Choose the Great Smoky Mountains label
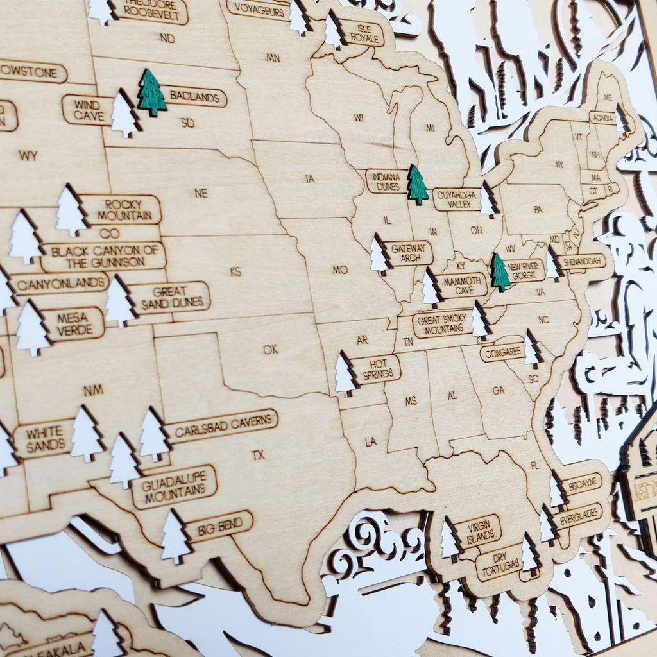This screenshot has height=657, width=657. tap(441, 323)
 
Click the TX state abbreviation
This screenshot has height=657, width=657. tap(258, 455)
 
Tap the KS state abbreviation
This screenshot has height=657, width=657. tap(235, 271)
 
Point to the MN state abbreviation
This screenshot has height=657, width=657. tap(273, 58)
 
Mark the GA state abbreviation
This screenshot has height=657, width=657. tap(499, 390)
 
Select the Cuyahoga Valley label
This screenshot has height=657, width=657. tap(456, 199)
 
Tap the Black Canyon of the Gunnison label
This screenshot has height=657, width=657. tap(103, 256)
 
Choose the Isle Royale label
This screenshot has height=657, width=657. tap(363, 33)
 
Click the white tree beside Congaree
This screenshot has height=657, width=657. tap(531, 348)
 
